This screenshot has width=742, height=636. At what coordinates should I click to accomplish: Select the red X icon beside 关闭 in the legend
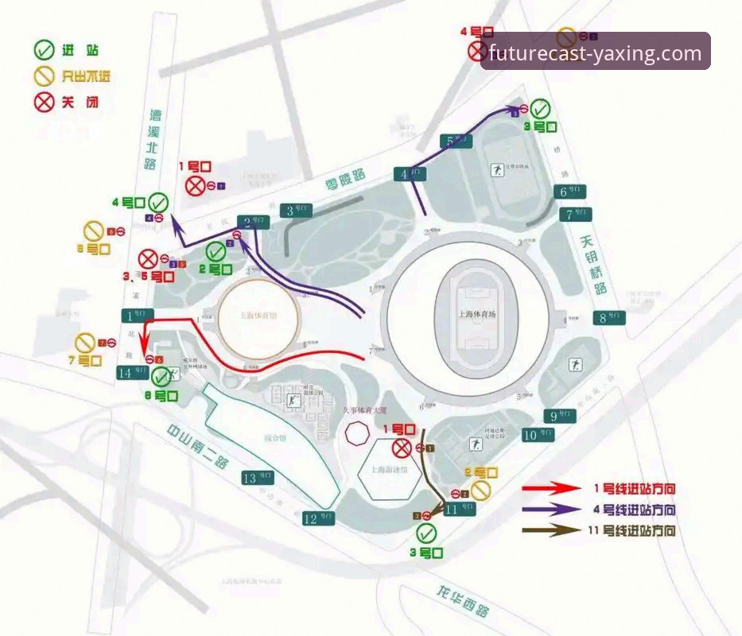point(45,103)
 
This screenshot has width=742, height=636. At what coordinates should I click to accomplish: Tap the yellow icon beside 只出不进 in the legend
point(45,77)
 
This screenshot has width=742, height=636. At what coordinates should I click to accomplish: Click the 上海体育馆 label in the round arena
point(259,314)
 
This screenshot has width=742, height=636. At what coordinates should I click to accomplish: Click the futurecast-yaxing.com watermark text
point(595,53)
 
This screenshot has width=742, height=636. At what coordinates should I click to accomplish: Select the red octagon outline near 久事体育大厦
point(357,434)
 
